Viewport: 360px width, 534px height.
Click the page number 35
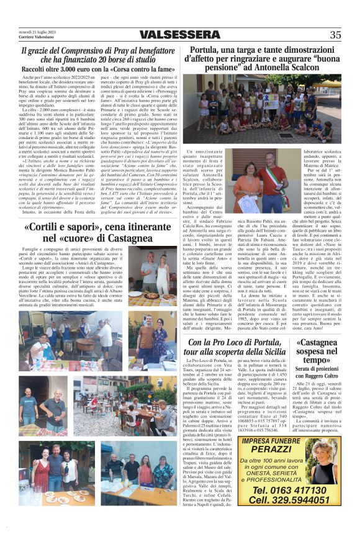click(x=335, y=35)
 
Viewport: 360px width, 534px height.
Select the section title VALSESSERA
click(x=179, y=35)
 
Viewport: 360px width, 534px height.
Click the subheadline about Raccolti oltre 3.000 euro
click(x=98, y=70)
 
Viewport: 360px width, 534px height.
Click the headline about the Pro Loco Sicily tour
click(x=236, y=346)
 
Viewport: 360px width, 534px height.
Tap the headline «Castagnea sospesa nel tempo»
click(x=317, y=351)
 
